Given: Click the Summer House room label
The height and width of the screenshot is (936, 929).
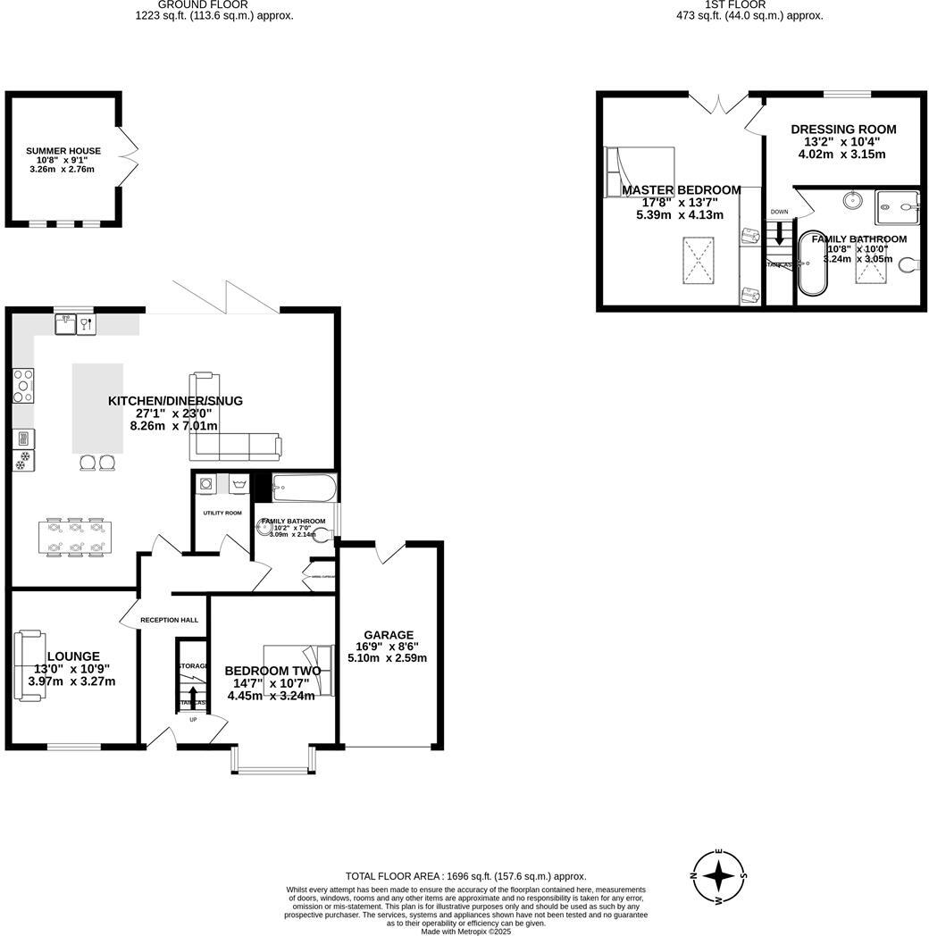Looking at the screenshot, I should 63,151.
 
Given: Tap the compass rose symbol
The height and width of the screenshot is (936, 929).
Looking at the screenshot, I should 719,876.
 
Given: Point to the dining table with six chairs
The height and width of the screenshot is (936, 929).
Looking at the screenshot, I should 76,537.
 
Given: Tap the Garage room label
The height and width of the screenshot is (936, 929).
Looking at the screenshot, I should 388,635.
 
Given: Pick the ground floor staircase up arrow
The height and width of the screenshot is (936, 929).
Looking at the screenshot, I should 193,693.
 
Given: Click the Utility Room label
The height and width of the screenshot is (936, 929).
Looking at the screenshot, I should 222,513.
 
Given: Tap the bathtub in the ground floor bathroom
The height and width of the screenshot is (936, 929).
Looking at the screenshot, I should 304,489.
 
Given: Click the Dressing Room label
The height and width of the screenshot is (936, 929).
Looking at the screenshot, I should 842,130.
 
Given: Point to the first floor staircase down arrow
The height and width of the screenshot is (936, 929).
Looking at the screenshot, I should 779,235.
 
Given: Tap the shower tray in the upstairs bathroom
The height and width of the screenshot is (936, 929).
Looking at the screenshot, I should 897,207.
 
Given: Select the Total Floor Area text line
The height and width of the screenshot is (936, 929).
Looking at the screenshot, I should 465,876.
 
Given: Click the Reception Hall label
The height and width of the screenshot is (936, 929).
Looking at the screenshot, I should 169,620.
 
